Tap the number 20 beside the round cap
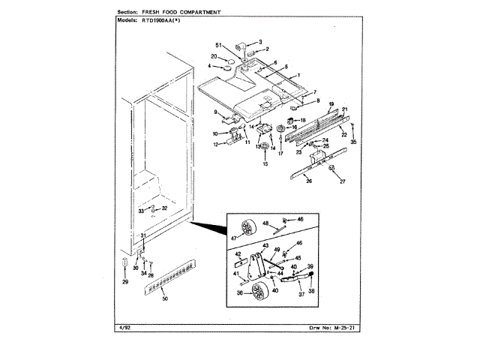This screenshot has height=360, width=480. point(214,56)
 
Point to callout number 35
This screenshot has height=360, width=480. point(353,141)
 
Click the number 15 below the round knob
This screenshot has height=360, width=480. point(264,163)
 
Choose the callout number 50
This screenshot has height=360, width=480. point(164,298)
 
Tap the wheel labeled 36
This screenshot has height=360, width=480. point(260,292)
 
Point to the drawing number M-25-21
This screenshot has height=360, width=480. point(351,328)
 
